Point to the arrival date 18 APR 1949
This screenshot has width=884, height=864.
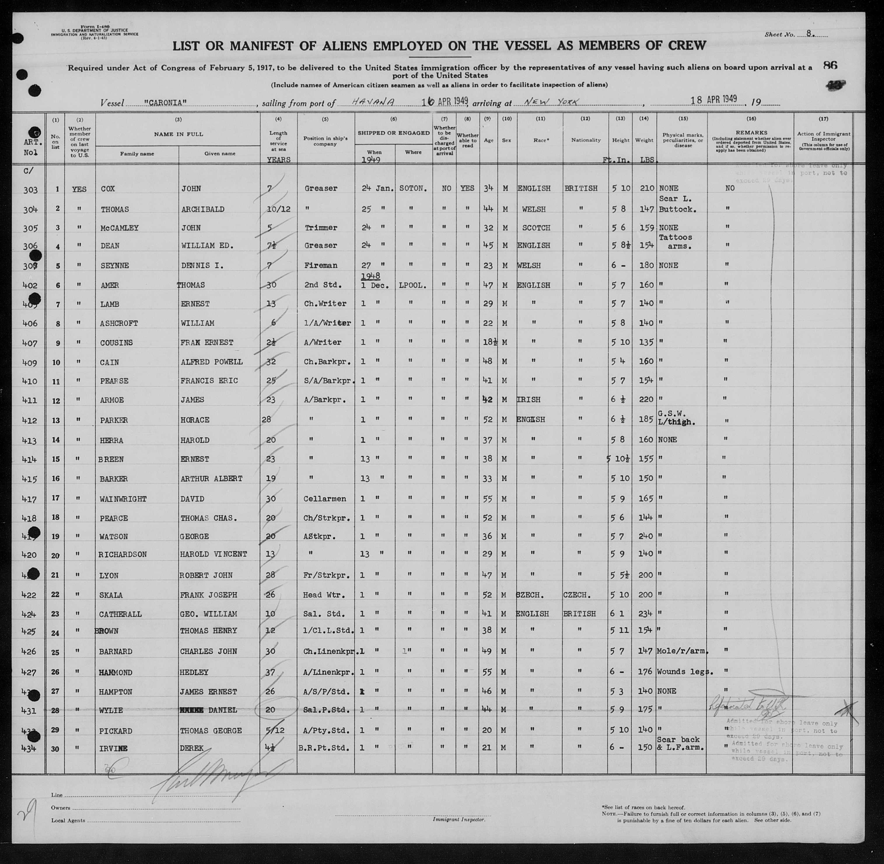[x=713, y=100]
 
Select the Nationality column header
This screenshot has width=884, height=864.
[x=585, y=140]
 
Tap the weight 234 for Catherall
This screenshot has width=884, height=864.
[x=645, y=614]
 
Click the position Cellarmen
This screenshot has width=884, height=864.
[x=325, y=499]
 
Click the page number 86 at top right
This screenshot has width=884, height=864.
[x=830, y=65]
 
